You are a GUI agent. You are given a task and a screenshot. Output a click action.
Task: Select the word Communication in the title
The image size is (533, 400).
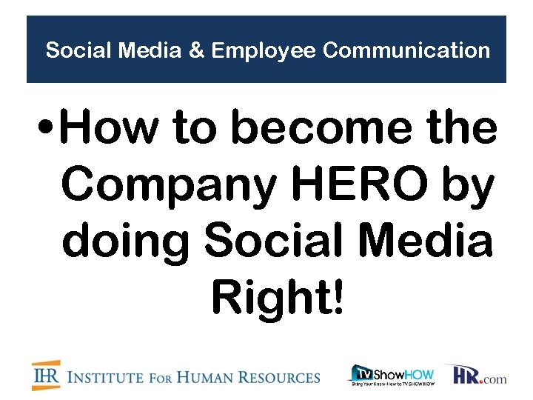[406, 51]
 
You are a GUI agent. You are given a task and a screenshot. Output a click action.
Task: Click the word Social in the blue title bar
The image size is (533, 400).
[71, 51]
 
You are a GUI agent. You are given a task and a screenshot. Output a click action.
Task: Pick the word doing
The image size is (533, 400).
[127, 242]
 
